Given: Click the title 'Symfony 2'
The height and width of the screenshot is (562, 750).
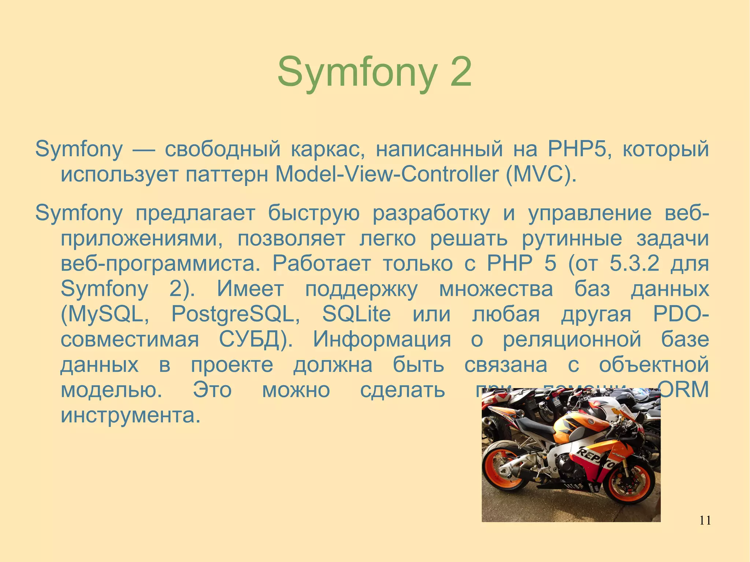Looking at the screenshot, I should coord(374,72).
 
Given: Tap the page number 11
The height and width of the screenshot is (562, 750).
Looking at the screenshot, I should coord(705,520).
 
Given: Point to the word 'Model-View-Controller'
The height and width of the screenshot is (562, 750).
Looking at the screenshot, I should coord(386,174).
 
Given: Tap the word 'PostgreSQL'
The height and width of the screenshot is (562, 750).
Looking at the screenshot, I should coord(235,314).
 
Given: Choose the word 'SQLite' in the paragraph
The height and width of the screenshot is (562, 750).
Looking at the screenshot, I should coord(356,314).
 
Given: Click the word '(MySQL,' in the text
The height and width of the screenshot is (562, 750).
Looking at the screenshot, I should coord(105,314).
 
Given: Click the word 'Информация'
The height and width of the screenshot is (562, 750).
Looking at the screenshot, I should coord(382,339).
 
